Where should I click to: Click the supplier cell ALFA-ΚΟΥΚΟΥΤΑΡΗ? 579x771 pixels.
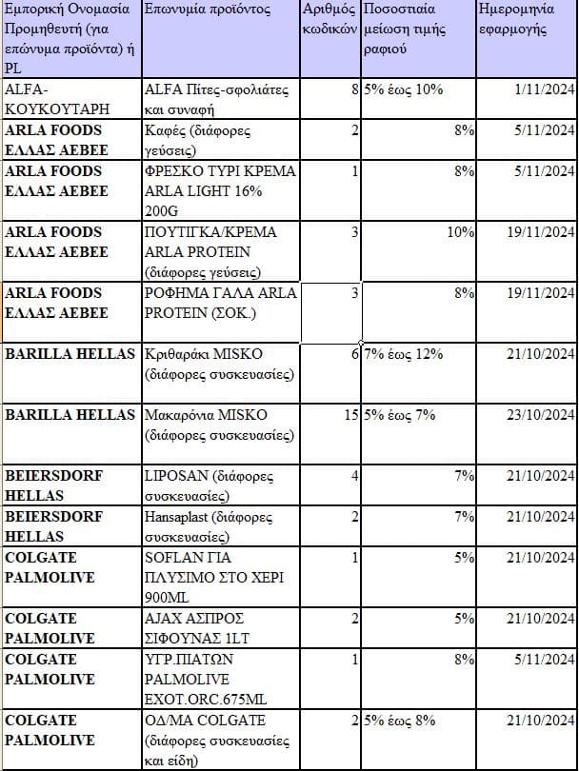coord(57,98)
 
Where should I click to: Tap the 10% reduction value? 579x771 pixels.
coord(461,232)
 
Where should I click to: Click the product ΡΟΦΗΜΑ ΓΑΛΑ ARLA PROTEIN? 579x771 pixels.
coord(220,303)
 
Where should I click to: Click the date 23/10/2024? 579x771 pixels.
coord(538,415)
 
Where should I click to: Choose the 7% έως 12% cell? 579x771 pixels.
coord(405,354)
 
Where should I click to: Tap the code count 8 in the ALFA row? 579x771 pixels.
coord(354,89)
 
